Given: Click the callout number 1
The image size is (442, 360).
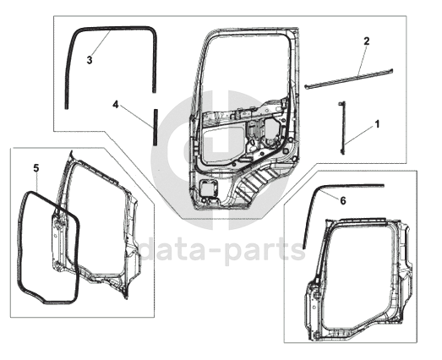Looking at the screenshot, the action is tap(377, 124).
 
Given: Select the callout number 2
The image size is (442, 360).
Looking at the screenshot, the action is tap(366, 41).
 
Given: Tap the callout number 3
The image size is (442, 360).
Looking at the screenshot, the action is tap(90, 60).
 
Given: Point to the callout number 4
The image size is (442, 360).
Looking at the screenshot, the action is tap(116, 105).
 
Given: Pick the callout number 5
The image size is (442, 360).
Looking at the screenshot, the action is tap(36, 168).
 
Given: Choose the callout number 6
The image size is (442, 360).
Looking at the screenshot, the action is tap(343, 201).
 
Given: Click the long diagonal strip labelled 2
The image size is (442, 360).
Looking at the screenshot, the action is tap(349, 79).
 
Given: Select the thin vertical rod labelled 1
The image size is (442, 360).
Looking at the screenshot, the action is tap(342, 128).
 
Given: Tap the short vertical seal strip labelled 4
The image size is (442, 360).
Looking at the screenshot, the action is tap(155, 127).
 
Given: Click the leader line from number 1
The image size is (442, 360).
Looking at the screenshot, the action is tap(359, 136).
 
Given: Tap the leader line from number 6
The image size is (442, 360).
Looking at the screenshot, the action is tap(330, 194).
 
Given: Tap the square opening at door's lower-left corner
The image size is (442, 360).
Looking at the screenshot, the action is tap(208, 188).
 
